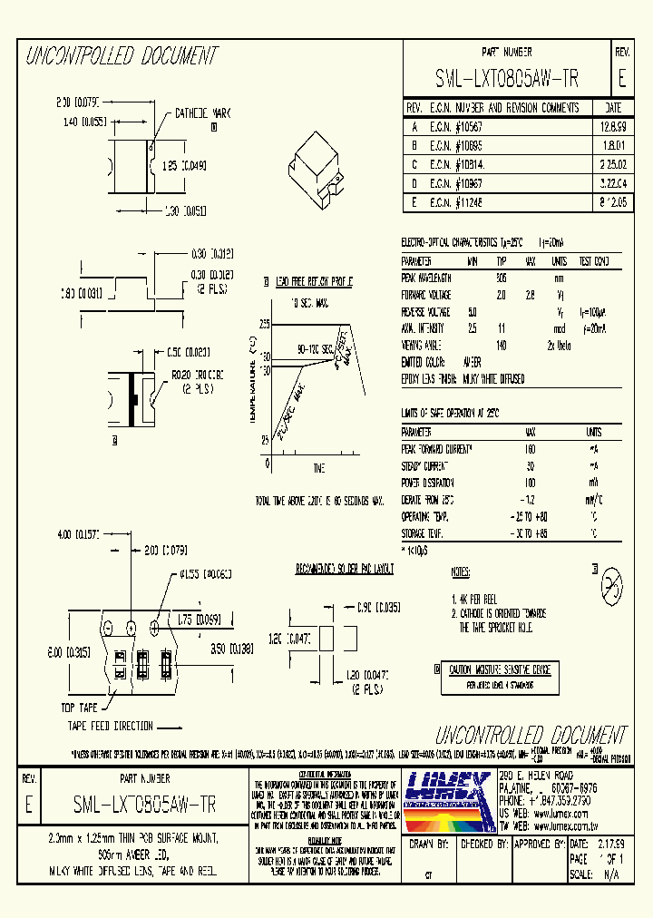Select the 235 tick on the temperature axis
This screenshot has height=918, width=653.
(x=264, y=323)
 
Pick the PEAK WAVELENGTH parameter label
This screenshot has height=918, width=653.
(x=427, y=279)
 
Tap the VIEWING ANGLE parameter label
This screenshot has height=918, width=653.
(x=422, y=345)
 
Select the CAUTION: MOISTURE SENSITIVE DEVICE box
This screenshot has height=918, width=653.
(x=500, y=669)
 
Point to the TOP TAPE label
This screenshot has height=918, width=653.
(x=80, y=707)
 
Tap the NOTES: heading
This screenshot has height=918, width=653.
(x=461, y=573)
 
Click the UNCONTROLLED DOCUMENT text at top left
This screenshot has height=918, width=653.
(x=122, y=56)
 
